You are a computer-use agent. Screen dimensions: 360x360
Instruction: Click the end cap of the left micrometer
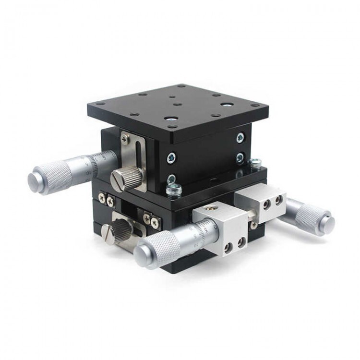tap(35, 181)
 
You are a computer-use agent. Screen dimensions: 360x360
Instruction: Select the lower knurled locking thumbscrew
tap(117, 232)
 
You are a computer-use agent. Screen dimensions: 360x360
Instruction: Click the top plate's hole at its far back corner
tap(182, 86)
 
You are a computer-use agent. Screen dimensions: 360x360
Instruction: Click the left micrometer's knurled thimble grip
tap(56, 174)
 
